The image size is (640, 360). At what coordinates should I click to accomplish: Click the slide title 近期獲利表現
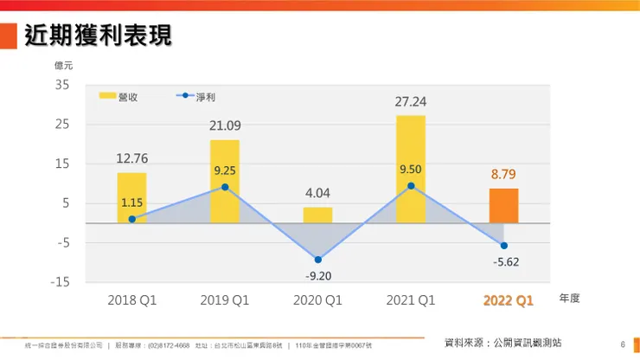pyautogui.click(x=97, y=35)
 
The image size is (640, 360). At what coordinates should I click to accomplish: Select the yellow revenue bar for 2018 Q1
pyautogui.click(x=131, y=197)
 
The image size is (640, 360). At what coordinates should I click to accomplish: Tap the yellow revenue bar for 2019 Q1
pyautogui.click(x=224, y=181)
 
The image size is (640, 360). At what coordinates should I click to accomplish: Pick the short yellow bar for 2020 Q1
pyautogui.click(x=317, y=215)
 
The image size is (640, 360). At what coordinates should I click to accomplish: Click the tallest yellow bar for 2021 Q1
pyautogui.click(x=411, y=169)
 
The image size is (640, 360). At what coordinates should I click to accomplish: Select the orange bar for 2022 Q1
pyautogui.click(x=503, y=205)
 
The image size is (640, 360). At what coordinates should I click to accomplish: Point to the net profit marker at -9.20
pyautogui.click(x=317, y=260)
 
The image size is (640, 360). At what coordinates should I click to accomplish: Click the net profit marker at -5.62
pyautogui.click(x=503, y=246)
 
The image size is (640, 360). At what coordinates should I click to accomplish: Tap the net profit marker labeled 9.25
pyautogui.click(x=224, y=187)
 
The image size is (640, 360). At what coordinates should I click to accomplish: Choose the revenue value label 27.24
pyautogui.click(x=411, y=102)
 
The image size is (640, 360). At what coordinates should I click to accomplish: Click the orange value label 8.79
pyautogui.click(x=503, y=175)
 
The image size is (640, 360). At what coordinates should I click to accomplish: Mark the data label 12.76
pyautogui.click(x=131, y=158)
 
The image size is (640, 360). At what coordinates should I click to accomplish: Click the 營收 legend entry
pyautogui.click(x=118, y=97)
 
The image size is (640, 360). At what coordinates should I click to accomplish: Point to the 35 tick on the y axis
pyautogui.click(x=62, y=85)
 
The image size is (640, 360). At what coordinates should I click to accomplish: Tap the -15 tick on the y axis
pyautogui.click(x=60, y=282)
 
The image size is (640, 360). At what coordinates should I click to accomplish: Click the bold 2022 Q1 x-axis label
pyautogui.click(x=509, y=301)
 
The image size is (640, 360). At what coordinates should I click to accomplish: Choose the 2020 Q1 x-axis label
pyautogui.click(x=317, y=301)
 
